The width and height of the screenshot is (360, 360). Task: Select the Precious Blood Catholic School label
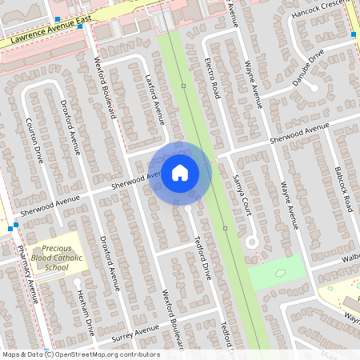tap(56, 258)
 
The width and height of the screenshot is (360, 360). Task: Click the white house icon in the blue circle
tap(180, 172)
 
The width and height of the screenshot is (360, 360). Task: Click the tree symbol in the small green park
tap(279, 274)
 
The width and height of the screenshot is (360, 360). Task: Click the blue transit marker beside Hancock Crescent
tap(354, 34)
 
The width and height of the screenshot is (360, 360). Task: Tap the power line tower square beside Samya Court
tap(226, 228)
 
